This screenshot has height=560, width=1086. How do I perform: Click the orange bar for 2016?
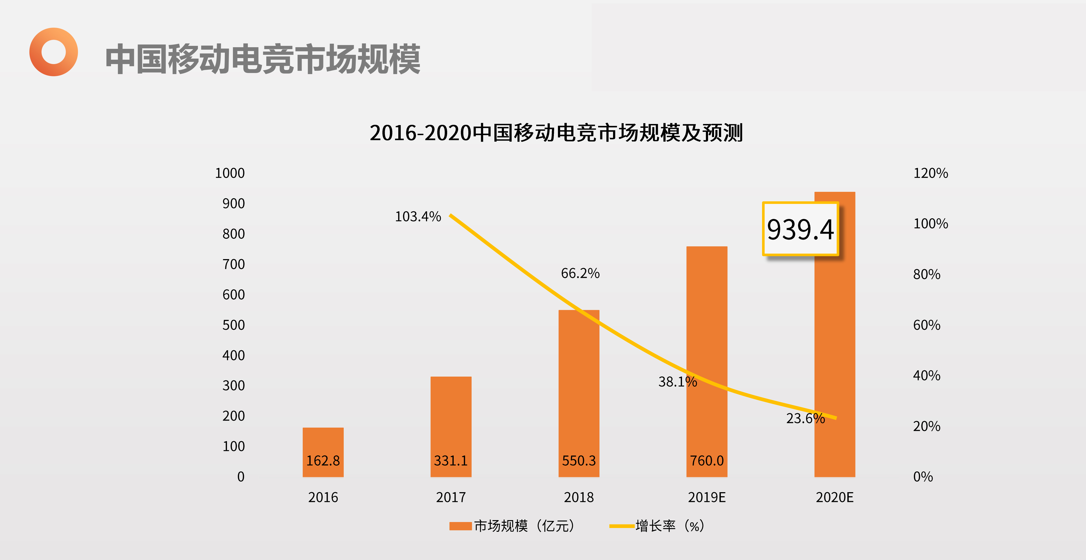(323, 443)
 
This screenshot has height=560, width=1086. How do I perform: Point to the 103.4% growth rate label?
(418, 217)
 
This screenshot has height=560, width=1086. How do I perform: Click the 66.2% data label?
(580, 273)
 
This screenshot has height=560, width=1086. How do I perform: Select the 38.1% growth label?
(677, 382)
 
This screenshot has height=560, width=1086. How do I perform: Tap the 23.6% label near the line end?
(805, 418)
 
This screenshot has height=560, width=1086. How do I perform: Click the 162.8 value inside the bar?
(323, 460)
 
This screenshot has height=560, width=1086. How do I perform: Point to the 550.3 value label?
(579, 460)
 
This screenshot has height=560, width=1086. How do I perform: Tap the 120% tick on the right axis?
(930, 173)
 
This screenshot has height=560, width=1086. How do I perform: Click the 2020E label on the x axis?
(834, 498)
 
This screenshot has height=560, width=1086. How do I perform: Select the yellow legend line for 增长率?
(622, 526)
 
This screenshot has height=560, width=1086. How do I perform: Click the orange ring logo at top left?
(53, 52)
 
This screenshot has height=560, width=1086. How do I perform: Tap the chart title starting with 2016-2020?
(556, 133)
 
